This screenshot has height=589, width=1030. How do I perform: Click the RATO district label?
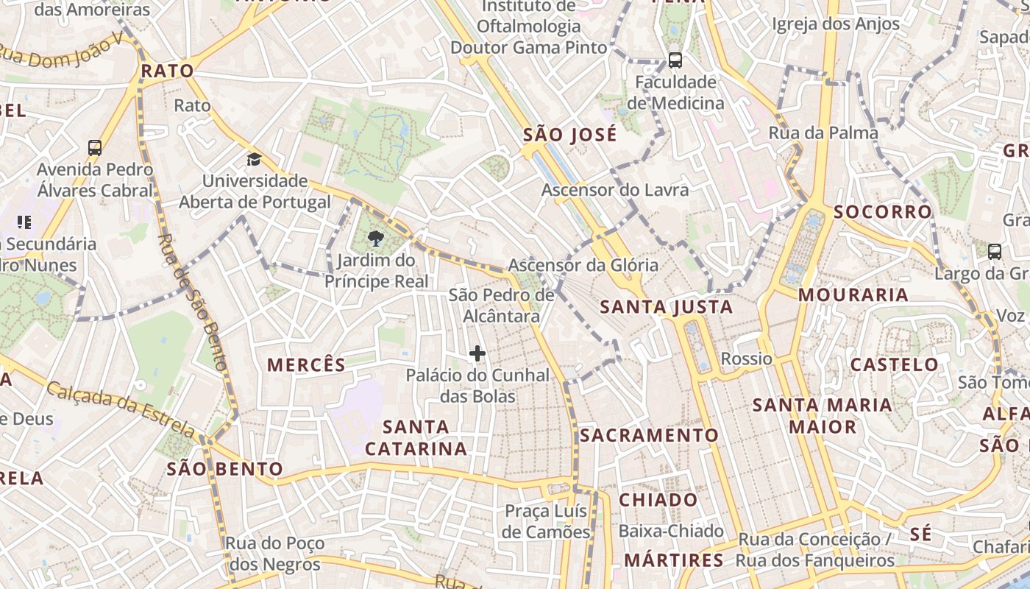point(167,71)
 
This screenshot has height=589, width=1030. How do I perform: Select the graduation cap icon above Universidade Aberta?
point(254,159)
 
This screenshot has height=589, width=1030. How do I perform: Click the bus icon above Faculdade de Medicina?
point(675,60)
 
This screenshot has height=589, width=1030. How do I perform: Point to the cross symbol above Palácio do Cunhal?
point(477,354)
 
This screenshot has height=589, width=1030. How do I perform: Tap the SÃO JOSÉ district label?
point(569,135)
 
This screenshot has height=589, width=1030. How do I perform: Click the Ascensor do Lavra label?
point(615,190)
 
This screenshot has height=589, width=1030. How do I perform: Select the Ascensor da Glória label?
point(583,265)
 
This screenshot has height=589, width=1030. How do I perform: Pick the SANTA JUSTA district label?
point(667,307)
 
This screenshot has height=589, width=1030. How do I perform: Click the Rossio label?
point(747,359)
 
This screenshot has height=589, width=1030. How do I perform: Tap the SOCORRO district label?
point(883,212)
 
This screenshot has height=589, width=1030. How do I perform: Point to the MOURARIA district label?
point(853,295)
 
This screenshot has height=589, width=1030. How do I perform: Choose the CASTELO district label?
point(895,364)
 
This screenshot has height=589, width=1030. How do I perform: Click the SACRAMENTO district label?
point(649,435)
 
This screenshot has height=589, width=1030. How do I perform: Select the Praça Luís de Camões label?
point(546,521)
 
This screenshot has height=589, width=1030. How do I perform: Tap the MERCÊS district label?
point(306,364)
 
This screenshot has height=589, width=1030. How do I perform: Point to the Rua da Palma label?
point(823,133)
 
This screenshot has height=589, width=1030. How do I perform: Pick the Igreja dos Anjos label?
point(836,24)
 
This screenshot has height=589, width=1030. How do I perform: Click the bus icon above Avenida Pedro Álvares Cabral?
point(95,148)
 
